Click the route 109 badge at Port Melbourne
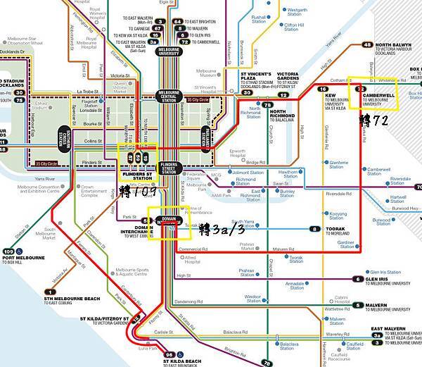tap(8, 251)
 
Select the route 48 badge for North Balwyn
tap(367, 44)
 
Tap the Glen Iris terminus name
tap(385, 278)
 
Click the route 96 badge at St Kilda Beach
tap(168, 354)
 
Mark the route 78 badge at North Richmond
tap(267, 104)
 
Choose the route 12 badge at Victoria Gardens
tap(283, 94)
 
